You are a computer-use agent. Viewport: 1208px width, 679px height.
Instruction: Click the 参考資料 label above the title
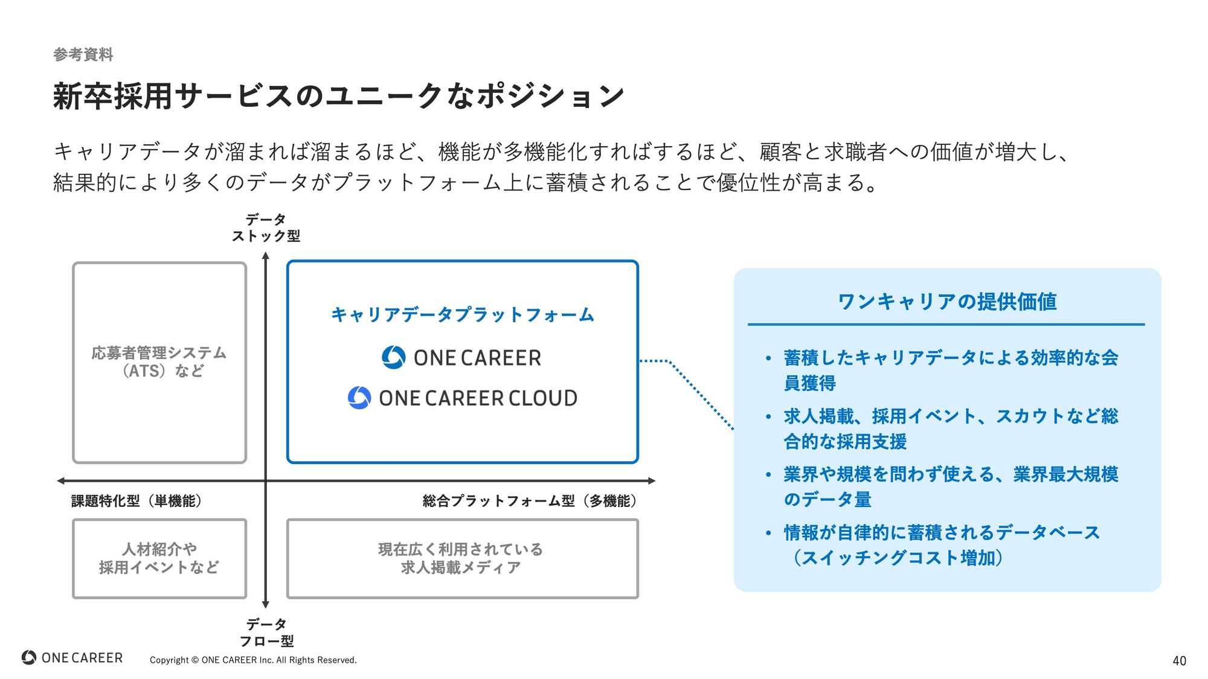(83, 55)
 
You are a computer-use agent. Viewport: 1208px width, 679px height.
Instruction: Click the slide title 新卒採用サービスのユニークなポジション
(338, 97)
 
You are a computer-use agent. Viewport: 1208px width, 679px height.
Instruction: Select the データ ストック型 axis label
(266, 228)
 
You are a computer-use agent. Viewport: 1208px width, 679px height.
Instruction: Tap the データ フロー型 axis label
(266, 632)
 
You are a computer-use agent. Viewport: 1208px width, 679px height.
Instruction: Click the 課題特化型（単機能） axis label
(137, 501)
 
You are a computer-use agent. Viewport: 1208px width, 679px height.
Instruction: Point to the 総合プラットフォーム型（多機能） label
(530, 501)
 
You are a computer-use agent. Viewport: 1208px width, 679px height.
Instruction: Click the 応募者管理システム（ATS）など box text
(159, 362)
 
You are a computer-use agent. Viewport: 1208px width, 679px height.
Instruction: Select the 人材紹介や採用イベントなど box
(159, 558)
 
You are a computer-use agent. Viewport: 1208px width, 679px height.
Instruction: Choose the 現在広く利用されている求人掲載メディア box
(462, 558)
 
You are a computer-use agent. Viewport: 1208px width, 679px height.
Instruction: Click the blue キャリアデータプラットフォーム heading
(462, 314)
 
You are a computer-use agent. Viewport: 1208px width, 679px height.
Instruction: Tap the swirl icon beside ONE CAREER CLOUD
(359, 398)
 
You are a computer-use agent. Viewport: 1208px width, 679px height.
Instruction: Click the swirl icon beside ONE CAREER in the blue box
(394, 357)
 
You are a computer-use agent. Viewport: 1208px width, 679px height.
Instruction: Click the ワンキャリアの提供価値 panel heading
(946, 301)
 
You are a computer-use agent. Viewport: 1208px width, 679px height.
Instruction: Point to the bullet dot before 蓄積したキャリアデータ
(768, 359)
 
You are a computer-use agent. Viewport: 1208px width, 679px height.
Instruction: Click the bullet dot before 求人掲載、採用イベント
(768, 416)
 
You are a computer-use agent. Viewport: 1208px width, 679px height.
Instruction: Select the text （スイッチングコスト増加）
(898, 558)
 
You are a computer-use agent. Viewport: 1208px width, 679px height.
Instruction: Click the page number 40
(1179, 661)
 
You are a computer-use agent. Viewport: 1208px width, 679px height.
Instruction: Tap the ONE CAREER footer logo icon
(29, 657)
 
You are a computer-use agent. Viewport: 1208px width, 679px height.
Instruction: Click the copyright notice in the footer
(253, 660)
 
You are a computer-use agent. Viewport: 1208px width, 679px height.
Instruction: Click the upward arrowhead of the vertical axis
(265, 256)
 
